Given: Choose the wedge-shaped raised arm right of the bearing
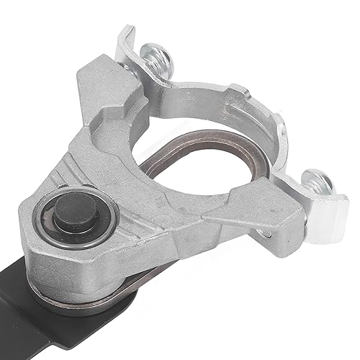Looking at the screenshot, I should [245, 209].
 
